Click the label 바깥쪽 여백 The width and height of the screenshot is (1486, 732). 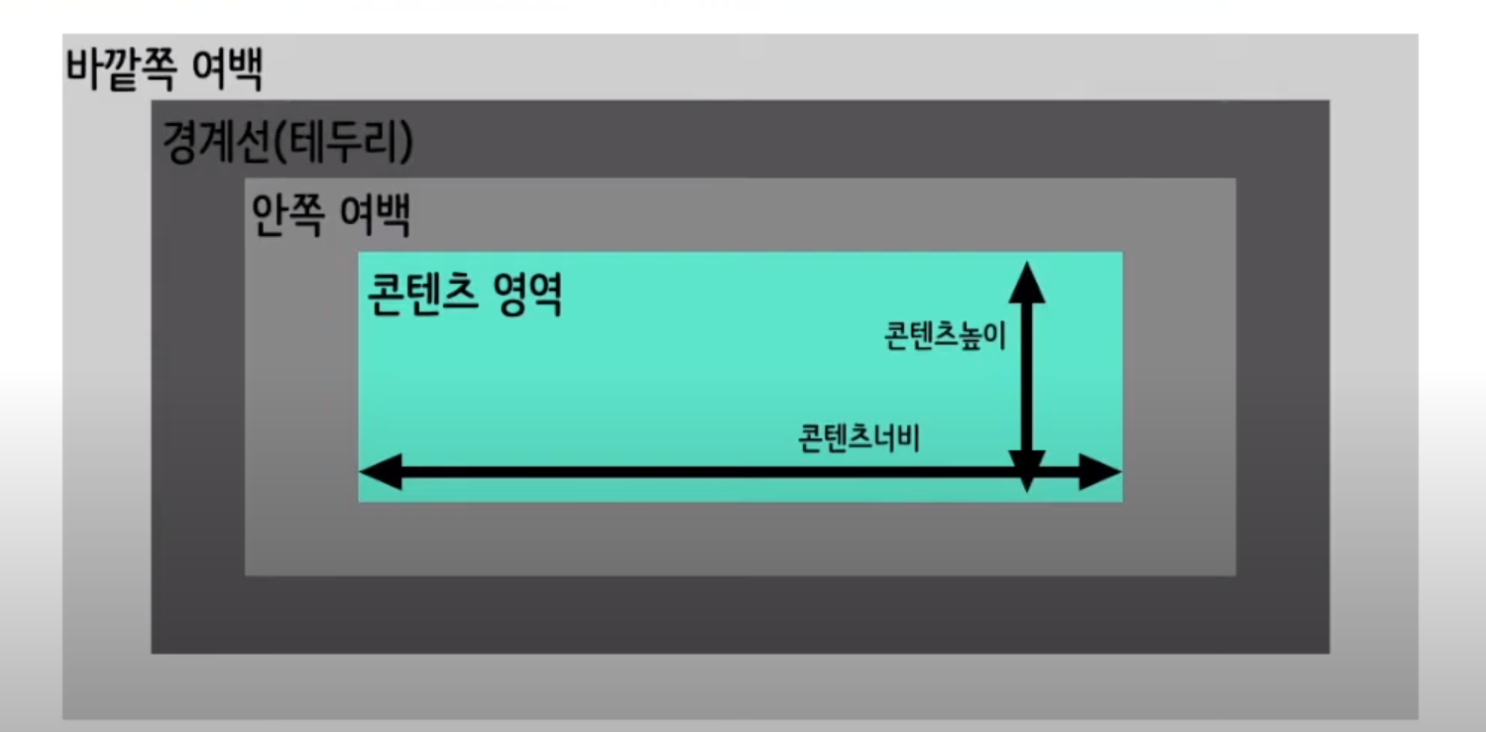(x=165, y=69)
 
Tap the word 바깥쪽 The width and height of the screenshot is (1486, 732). (x=121, y=69)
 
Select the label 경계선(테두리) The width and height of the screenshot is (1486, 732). (x=287, y=142)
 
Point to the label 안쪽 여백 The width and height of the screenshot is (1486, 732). (x=331, y=214)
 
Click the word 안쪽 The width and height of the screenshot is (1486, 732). (x=287, y=214)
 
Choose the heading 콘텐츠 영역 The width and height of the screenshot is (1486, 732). (x=464, y=294)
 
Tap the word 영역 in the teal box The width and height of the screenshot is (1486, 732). (x=528, y=294)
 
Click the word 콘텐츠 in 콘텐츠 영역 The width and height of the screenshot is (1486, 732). (x=422, y=294)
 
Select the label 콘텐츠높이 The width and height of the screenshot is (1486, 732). (x=946, y=335)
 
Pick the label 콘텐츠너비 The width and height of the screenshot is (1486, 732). (x=859, y=438)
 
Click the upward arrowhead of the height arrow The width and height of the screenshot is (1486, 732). (x=1027, y=282)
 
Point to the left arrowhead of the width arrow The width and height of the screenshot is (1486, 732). (x=381, y=472)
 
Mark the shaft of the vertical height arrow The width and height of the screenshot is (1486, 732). (x=1027, y=376)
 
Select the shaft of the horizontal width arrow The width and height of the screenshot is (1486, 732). (x=741, y=472)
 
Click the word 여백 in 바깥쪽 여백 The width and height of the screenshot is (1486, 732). (x=228, y=69)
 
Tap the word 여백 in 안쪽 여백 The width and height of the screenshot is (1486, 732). (x=375, y=214)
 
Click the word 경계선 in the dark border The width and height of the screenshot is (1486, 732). (x=215, y=142)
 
